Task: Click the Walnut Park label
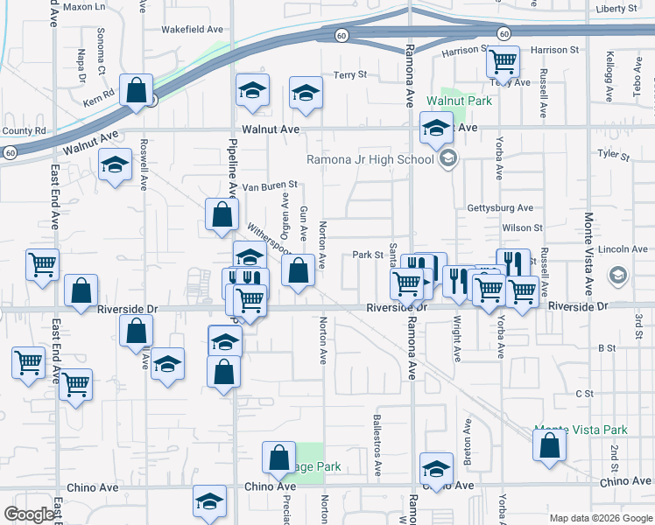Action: (459, 101)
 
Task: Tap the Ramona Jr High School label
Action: (370, 159)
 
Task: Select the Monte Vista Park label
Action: (581, 430)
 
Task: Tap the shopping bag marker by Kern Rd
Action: (136, 90)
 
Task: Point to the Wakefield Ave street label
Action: (192, 29)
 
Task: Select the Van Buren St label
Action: (271, 185)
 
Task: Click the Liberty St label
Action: (616, 9)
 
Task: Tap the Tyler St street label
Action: (613, 155)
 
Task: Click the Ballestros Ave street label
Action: (377, 445)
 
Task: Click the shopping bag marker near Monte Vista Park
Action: (549, 444)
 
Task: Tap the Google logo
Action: (29, 514)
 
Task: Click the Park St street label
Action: (369, 255)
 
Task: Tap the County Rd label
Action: (24, 131)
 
